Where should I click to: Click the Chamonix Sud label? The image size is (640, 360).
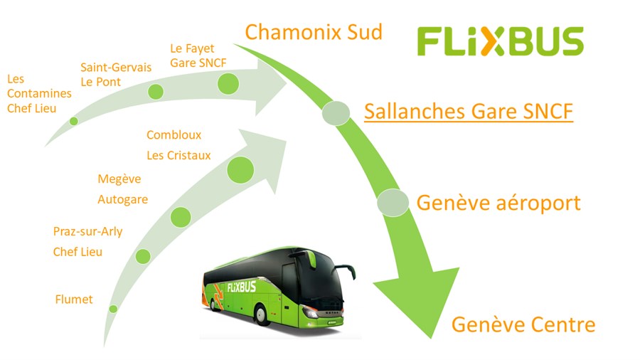[x=314, y=32]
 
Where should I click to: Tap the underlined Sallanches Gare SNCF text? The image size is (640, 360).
[x=469, y=112]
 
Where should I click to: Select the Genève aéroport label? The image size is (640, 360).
[x=498, y=203]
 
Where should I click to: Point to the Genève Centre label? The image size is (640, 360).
[x=523, y=324]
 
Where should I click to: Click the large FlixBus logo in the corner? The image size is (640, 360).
[x=501, y=41]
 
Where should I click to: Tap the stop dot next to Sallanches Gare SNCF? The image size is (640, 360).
[x=336, y=113]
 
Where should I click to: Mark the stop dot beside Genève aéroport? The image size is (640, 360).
[x=393, y=203]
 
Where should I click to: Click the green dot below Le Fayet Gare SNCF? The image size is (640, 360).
[x=228, y=84]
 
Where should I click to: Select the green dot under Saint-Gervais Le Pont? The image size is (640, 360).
[x=156, y=92]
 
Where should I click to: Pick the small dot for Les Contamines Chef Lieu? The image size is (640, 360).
[x=74, y=121]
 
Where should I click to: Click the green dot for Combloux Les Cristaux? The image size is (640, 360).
[x=240, y=170]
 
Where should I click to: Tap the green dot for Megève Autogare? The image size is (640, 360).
[x=181, y=217]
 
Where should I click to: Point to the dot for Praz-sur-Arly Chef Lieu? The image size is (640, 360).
[x=143, y=256]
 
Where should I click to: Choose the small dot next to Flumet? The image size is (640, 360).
[x=113, y=309]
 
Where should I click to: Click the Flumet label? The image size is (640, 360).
[x=74, y=300]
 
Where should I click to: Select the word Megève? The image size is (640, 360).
[x=119, y=179]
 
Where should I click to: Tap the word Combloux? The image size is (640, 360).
[x=174, y=134]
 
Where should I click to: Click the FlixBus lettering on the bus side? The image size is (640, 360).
[x=242, y=287]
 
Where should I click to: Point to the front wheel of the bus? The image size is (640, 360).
[x=260, y=314]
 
